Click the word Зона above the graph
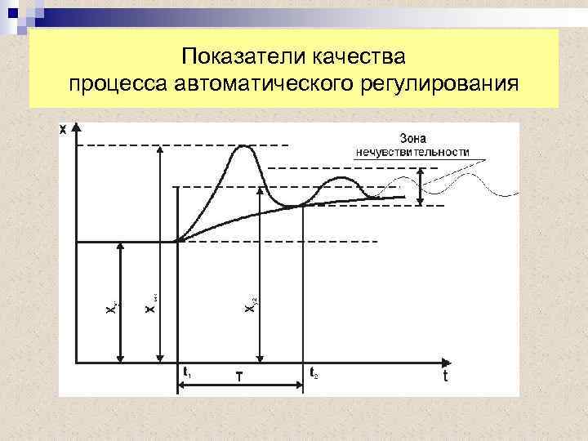click(412, 137)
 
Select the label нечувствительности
click(412, 152)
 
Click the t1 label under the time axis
click(188, 372)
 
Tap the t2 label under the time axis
click(314, 372)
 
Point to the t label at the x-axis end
click(445, 376)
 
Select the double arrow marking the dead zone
click(421, 187)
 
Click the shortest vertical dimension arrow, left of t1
click(120, 302)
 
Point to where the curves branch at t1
click(178, 241)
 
